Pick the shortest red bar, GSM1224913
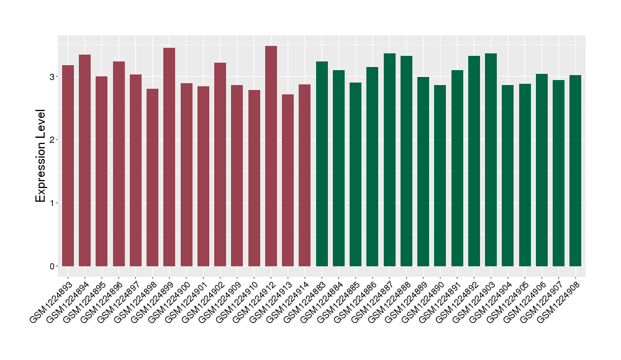pyautogui.click(x=288, y=181)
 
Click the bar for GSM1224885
pyautogui.click(x=355, y=174)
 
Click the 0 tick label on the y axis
pyautogui.click(x=52, y=266)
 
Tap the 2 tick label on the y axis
pyautogui.click(x=52, y=140)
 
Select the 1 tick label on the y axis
pyautogui.click(x=52, y=203)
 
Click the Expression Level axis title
pyautogui.click(x=41, y=156)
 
